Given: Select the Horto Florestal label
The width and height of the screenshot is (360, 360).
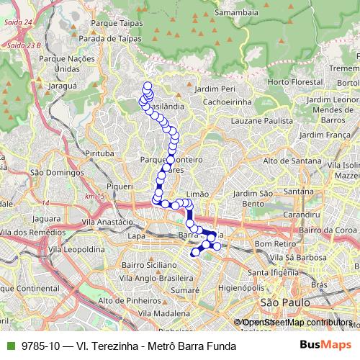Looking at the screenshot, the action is coord(294,82).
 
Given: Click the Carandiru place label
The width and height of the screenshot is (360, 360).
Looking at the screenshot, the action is coord(302,215).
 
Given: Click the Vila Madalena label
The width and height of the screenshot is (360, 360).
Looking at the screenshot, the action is coord(165,314).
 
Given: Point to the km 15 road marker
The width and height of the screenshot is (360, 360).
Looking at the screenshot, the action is coord(94,196).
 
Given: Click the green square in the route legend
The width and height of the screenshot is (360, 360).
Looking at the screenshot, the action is coord(8,346).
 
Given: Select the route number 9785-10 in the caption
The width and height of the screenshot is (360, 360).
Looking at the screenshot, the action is coord(42,346).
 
